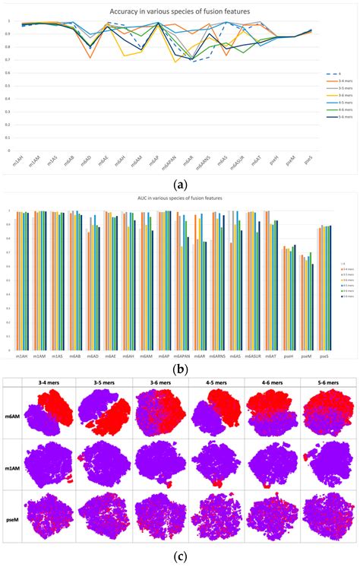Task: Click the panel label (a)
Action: click(x=181, y=184)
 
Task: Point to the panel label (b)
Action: click(x=181, y=370)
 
